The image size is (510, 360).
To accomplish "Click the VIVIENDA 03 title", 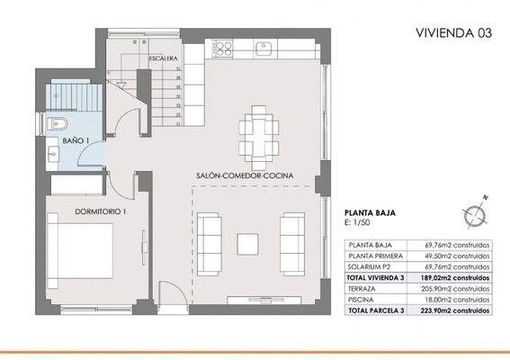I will pyautogui.click(x=453, y=33).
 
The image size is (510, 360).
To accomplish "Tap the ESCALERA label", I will pyautogui.click(x=162, y=59).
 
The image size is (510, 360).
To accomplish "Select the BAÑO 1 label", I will pyautogui.click(x=75, y=141).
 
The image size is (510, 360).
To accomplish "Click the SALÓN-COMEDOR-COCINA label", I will pyautogui.click(x=245, y=175).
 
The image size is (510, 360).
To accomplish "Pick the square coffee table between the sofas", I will pyautogui.click(x=247, y=242).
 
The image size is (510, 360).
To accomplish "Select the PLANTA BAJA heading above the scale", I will pyautogui.click(x=371, y=214).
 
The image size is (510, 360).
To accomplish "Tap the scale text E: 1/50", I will pyautogui.click(x=360, y=224).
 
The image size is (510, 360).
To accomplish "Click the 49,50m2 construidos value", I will pyautogui.click(x=458, y=255).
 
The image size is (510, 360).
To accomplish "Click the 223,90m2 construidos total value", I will pyautogui.click(x=458, y=310).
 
